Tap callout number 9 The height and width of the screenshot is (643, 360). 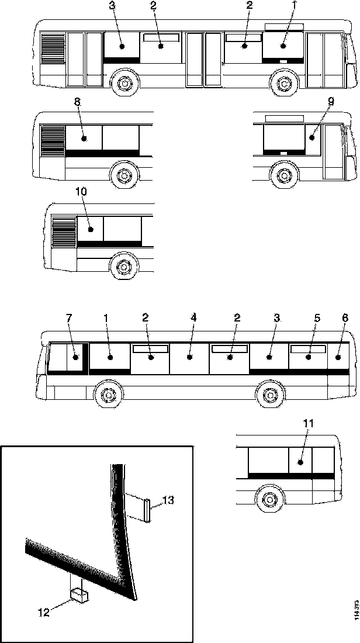click(331, 101)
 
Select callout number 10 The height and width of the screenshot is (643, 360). click(80, 191)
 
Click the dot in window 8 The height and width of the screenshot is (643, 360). click(84, 139)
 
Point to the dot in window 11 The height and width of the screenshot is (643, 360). click(299, 462)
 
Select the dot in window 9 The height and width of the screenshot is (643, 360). click(311, 138)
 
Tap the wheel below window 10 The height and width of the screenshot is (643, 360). click(123, 266)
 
